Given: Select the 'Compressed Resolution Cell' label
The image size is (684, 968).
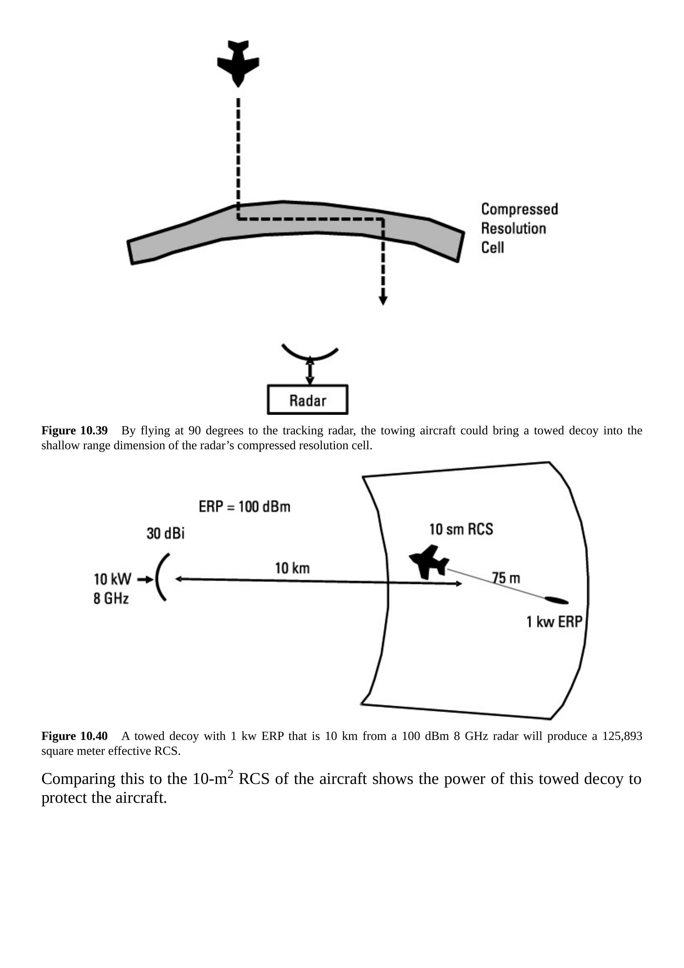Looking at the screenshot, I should pos(519,228).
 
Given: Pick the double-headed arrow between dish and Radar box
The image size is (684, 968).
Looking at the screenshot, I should pos(310,371).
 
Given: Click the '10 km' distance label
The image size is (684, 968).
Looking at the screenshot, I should pos(292,568).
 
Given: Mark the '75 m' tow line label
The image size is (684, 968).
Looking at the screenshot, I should pos(506,578).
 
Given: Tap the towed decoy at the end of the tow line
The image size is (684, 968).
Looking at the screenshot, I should pos(556,600).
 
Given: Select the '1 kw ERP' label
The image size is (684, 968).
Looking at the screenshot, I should pos(554,621).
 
